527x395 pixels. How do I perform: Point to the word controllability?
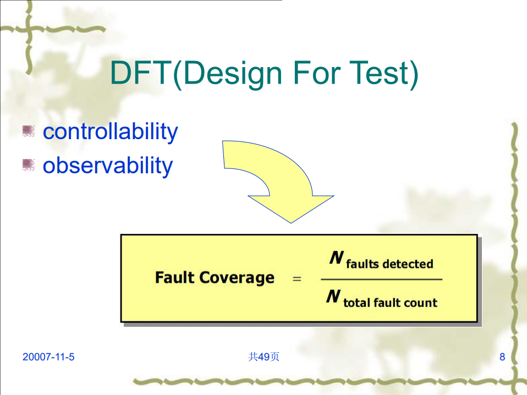pos(110,131)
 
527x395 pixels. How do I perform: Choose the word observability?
pos(107,165)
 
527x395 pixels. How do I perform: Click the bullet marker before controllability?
pos(29,131)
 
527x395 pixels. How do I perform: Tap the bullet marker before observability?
pos(29,164)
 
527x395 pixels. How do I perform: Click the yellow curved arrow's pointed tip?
pos(290,222)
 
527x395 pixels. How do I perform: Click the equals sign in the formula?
pos(297,279)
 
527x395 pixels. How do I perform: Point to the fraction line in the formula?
pos(381,280)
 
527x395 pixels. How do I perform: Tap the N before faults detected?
pos(336,258)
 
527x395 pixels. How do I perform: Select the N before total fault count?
pos(333,297)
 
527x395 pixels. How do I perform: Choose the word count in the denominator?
pos(421,303)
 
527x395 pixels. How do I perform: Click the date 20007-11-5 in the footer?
pos(48,357)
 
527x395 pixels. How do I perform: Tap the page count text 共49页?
pos(263,357)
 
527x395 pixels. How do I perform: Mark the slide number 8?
pos(502,357)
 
